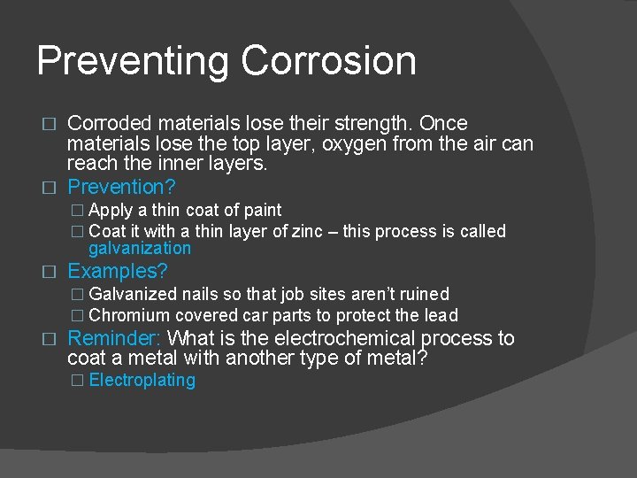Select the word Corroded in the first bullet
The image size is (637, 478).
(x=109, y=123)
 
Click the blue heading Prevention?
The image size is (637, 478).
(x=121, y=187)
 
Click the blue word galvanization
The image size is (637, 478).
(x=140, y=249)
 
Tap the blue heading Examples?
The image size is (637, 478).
(x=118, y=271)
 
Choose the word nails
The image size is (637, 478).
(x=204, y=294)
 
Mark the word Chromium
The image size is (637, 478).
(x=129, y=315)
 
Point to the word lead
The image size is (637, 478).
(x=441, y=315)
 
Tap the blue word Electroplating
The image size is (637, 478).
(x=142, y=381)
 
